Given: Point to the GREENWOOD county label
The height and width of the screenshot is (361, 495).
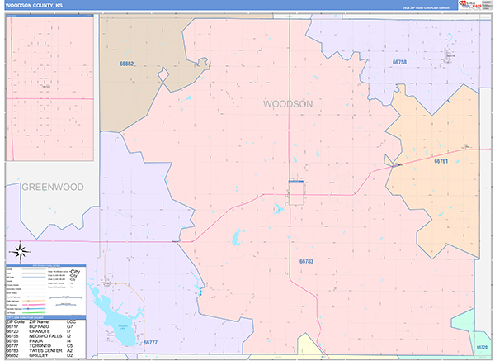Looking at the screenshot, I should pyautogui.click(x=52, y=188).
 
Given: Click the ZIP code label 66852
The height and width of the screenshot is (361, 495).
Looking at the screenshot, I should pyautogui.click(x=125, y=64).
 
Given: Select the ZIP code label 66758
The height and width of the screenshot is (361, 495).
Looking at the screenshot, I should pyautogui.click(x=399, y=62).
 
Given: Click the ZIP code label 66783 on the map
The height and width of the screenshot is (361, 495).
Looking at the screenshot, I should pyautogui.click(x=306, y=261).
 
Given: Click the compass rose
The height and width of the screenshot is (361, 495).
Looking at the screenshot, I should pyautogui.click(x=21, y=251).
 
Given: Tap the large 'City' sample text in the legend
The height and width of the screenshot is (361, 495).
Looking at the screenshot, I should pyautogui.click(x=76, y=272).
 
